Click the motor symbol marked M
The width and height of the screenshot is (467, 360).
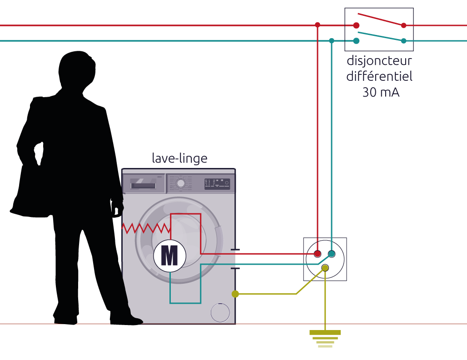click(x=170, y=256)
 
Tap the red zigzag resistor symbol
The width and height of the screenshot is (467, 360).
click(x=146, y=228)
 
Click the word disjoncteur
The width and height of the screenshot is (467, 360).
click(x=379, y=61)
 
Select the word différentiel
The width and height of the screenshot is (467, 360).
click(x=379, y=76)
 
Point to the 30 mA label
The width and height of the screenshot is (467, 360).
click(x=381, y=92)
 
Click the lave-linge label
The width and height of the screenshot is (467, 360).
click(x=179, y=158)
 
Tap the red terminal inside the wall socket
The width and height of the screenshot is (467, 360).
click(x=318, y=254)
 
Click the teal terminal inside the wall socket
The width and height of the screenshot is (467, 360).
click(x=332, y=254)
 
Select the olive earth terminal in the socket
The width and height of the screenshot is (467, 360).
click(x=325, y=268)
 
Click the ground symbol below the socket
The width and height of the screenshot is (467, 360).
click(x=325, y=339)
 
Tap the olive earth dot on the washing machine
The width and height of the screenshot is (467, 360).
click(x=235, y=294)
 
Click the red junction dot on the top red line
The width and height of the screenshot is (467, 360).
click(x=318, y=25)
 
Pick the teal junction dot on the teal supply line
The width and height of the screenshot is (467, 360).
click(x=332, y=41)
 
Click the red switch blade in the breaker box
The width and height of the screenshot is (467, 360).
click(x=381, y=20)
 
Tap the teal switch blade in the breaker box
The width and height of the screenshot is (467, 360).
click(x=381, y=36)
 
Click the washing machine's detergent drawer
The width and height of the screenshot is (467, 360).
click(x=144, y=184)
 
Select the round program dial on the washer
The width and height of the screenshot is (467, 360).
click(x=180, y=183)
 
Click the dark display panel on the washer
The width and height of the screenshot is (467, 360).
click(x=217, y=184)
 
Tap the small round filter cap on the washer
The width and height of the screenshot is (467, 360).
click(x=220, y=312)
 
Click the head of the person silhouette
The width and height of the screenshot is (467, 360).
click(x=77, y=70)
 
